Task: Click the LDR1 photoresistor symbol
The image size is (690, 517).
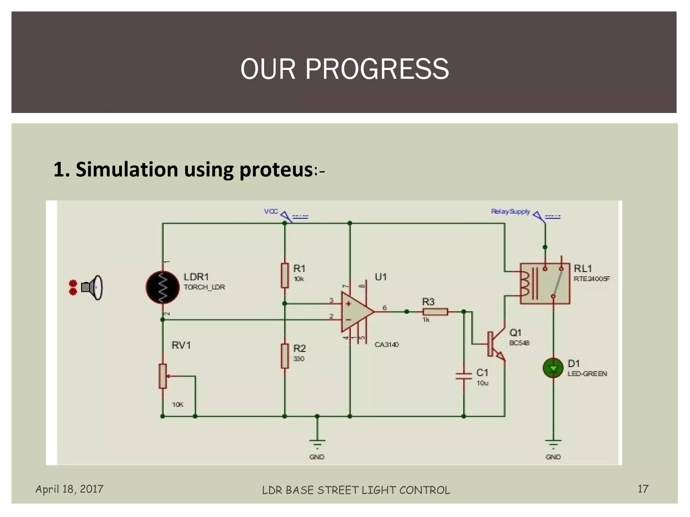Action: click(x=162, y=287)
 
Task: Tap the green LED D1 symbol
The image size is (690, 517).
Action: click(x=553, y=368)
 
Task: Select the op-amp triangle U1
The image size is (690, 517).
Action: click(x=356, y=312)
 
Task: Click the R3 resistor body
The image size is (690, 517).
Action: click(x=435, y=312)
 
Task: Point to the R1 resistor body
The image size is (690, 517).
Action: click(x=285, y=276)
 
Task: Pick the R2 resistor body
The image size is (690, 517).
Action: click(x=285, y=356)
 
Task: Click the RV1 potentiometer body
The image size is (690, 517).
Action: click(x=163, y=376)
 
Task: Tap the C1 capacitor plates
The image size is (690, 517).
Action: click(x=464, y=376)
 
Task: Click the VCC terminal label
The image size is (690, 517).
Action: click(x=271, y=211)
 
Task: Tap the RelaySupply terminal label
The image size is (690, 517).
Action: click(x=510, y=212)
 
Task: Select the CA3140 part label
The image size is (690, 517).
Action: click(x=386, y=345)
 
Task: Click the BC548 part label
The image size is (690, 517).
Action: click(x=519, y=343)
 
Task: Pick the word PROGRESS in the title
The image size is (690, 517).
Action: click(x=377, y=69)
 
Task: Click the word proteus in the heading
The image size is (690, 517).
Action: click(x=276, y=169)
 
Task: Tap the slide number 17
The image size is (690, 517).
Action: click(x=643, y=489)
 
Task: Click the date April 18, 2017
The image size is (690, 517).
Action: click(x=69, y=489)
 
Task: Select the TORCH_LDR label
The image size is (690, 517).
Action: click(x=204, y=287)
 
